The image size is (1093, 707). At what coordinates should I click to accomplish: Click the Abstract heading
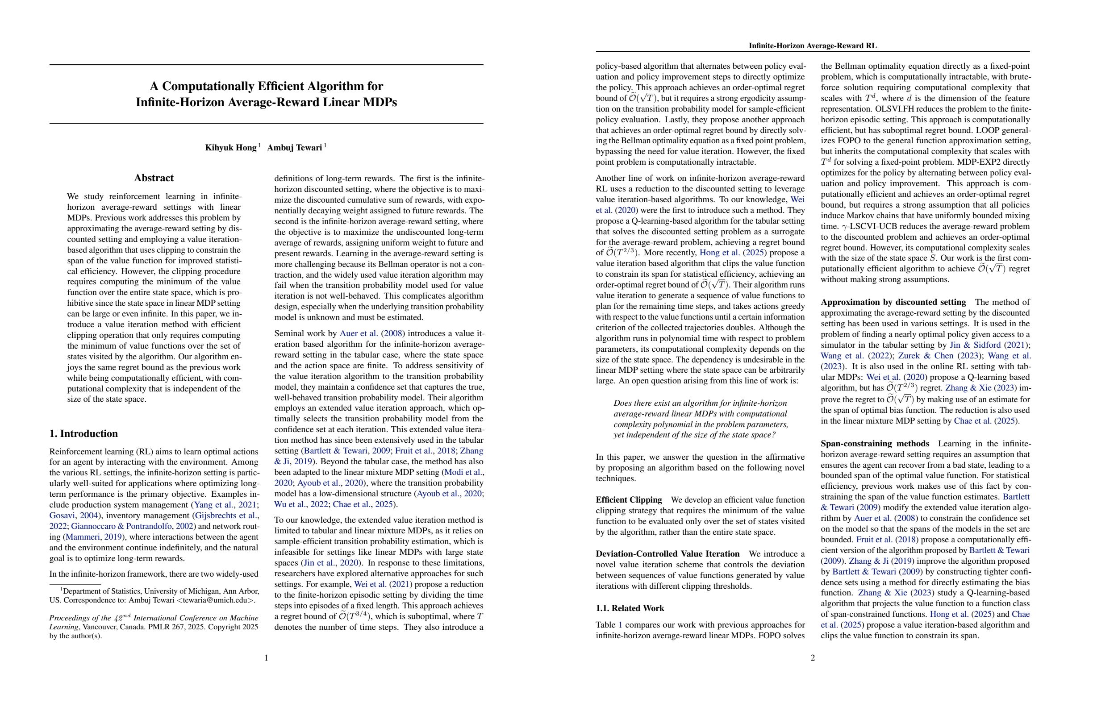coord(154,178)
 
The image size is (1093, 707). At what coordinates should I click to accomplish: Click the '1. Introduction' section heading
coord(83,434)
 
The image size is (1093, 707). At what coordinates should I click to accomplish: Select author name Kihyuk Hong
coord(230,147)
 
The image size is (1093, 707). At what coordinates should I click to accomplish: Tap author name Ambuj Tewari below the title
coord(294,147)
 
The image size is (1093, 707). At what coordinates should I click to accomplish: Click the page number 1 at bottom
coord(267,658)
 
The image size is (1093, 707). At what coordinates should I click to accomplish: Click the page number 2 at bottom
coord(813,658)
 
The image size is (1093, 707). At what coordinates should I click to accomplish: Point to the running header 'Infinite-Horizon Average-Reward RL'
coord(813,46)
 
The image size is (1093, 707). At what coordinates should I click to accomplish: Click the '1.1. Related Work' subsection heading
coord(630,608)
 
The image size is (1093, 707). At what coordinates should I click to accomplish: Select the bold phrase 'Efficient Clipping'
coord(629,500)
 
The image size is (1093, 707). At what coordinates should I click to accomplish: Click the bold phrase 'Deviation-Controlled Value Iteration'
coord(667,553)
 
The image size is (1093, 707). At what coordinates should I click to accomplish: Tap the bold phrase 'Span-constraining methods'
coord(874,444)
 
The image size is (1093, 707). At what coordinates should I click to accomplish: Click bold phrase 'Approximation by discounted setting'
coord(893,302)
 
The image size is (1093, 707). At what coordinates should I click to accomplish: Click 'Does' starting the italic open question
coord(622,403)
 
